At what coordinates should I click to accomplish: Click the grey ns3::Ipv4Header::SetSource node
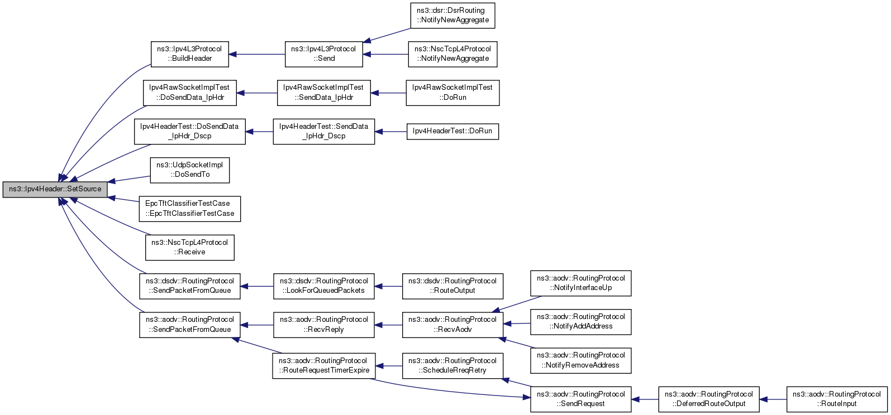(x=55, y=190)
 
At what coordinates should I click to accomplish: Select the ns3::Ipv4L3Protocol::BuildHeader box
(x=190, y=54)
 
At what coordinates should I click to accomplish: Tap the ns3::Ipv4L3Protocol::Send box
(x=324, y=54)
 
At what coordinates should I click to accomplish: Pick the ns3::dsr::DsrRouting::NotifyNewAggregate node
(x=452, y=16)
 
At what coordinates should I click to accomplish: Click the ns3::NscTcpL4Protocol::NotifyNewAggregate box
(x=452, y=54)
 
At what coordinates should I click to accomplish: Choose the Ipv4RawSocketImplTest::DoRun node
(x=452, y=93)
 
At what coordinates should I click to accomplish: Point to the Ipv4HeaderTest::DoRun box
(x=452, y=132)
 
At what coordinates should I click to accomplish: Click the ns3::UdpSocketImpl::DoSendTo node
(x=190, y=170)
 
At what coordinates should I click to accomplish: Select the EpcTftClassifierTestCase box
(x=190, y=209)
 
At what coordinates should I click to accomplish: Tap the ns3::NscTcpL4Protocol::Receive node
(x=190, y=248)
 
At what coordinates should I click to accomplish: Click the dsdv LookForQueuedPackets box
(x=324, y=286)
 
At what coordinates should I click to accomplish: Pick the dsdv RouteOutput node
(x=452, y=286)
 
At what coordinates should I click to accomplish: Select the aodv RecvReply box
(x=324, y=325)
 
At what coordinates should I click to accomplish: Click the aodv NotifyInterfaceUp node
(x=581, y=283)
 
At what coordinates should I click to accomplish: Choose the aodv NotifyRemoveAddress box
(x=581, y=360)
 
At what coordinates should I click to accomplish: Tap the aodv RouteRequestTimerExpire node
(x=324, y=366)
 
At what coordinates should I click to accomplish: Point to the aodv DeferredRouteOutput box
(x=709, y=399)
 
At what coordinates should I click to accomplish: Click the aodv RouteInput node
(x=837, y=399)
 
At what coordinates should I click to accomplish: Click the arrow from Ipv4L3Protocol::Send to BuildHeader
(x=257, y=55)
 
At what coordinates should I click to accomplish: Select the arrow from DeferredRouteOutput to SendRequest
(x=645, y=399)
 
